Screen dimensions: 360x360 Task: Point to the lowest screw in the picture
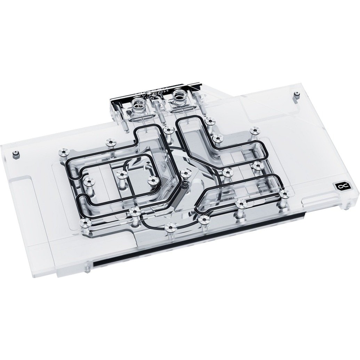[170, 227]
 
